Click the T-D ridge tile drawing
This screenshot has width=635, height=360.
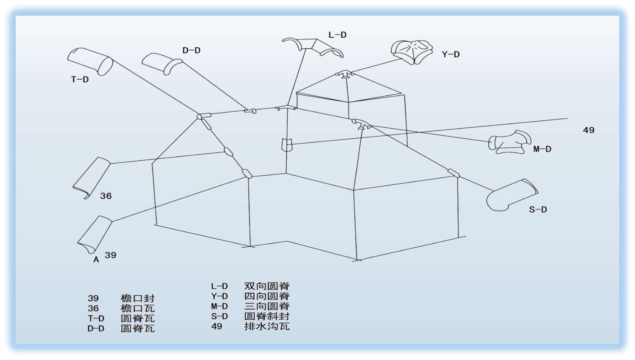(x=90, y=61)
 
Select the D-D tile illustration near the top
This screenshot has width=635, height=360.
(x=162, y=64)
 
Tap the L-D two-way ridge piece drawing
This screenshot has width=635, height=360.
(x=313, y=47)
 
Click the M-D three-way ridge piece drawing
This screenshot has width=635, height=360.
(x=509, y=142)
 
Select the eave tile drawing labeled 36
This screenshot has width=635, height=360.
(x=91, y=178)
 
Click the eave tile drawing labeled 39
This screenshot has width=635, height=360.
(x=95, y=235)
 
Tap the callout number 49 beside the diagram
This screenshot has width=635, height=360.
(x=589, y=130)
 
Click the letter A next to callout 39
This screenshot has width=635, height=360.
(x=96, y=260)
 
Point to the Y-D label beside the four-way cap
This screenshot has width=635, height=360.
(x=451, y=54)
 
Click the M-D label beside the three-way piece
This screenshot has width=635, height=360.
(x=542, y=149)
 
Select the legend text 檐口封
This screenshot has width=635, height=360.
(x=137, y=299)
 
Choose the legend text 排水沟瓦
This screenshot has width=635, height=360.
(x=267, y=326)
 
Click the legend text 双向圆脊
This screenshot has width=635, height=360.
(x=267, y=286)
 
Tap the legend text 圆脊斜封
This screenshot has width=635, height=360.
(x=267, y=316)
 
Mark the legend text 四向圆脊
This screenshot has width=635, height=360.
(x=267, y=296)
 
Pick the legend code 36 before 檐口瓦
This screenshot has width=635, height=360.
(x=93, y=309)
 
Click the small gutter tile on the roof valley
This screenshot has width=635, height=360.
(x=287, y=144)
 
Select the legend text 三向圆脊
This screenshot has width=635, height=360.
(x=267, y=306)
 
